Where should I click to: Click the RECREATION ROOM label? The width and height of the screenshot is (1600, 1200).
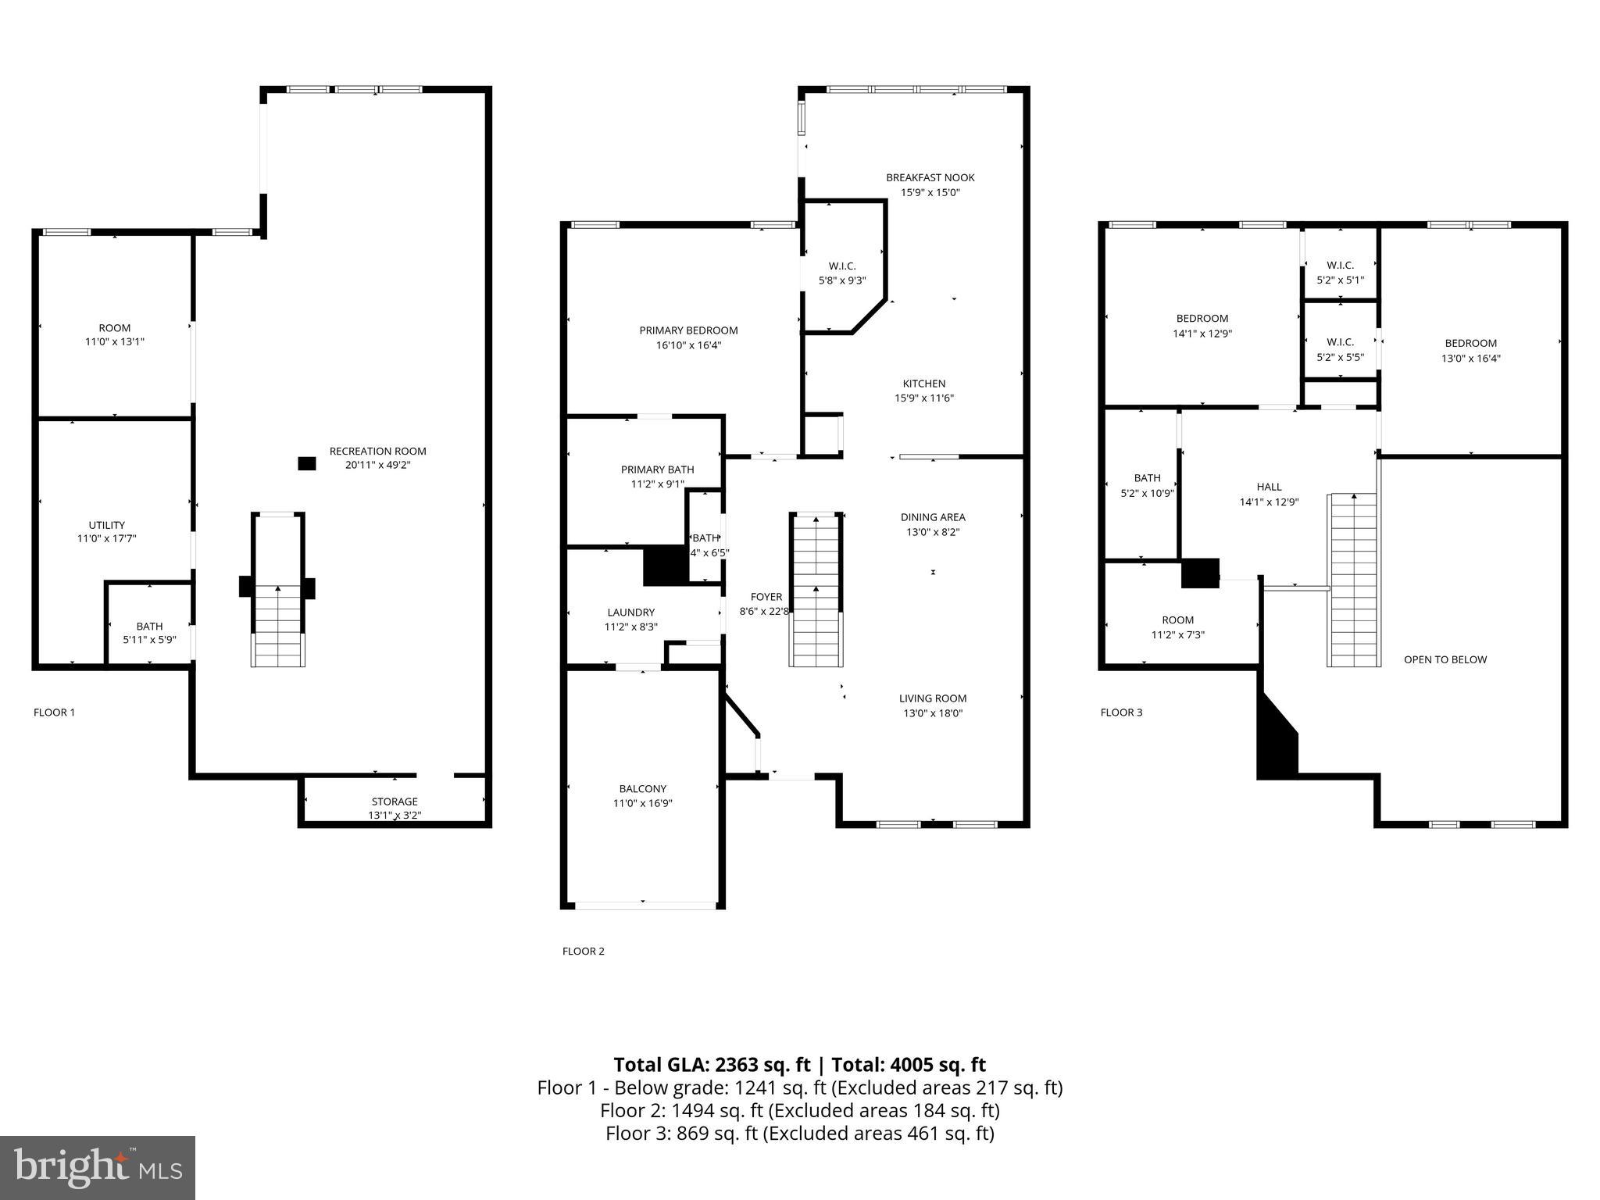(x=378, y=451)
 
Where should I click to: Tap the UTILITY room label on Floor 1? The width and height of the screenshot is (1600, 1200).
(x=107, y=525)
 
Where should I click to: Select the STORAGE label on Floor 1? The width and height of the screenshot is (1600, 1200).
(x=395, y=802)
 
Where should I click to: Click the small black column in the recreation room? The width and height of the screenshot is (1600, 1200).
(x=307, y=463)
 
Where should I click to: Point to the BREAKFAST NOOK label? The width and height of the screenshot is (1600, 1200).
(x=930, y=177)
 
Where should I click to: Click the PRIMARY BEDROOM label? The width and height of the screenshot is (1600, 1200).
(x=688, y=330)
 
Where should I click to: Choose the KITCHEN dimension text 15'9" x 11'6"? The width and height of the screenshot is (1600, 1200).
(x=924, y=398)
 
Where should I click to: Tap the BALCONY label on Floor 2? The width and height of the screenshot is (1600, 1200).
(x=643, y=789)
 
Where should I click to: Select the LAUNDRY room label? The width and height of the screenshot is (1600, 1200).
(x=631, y=612)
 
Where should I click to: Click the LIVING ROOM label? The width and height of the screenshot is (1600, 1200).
(x=933, y=698)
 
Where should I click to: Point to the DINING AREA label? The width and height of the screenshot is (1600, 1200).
(x=933, y=517)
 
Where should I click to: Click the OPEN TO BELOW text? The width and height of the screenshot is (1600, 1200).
(x=1445, y=659)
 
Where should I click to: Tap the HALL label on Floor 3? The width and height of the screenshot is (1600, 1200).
(x=1270, y=487)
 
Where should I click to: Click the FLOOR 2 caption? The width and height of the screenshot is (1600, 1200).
(x=584, y=951)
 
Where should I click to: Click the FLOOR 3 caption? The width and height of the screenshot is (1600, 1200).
(x=1121, y=712)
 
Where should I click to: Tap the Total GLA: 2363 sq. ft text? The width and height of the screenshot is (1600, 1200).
(x=712, y=1065)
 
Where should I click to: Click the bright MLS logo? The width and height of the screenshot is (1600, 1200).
(x=98, y=1167)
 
